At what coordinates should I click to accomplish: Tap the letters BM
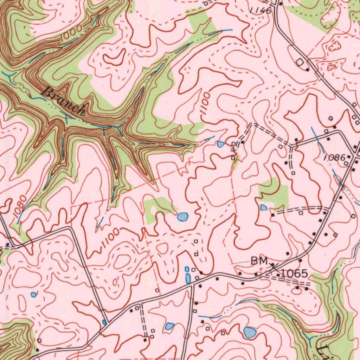pos(259,261)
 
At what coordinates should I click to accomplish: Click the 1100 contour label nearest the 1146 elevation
pos(205,103)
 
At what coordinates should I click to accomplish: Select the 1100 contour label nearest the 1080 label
pos(109,239)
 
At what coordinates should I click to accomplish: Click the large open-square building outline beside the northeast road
pos(300,62)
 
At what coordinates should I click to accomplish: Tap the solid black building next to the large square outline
pos(308,70)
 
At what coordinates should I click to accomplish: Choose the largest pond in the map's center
pos(182,217)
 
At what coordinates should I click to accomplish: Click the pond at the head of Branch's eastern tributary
pos(220,144)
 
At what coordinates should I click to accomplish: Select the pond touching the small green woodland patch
pos(264,207)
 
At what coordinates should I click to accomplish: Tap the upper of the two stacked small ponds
pos(187,269)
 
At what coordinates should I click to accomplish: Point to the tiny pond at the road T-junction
pos(104,322)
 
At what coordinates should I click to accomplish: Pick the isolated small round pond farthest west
pos(33,294)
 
